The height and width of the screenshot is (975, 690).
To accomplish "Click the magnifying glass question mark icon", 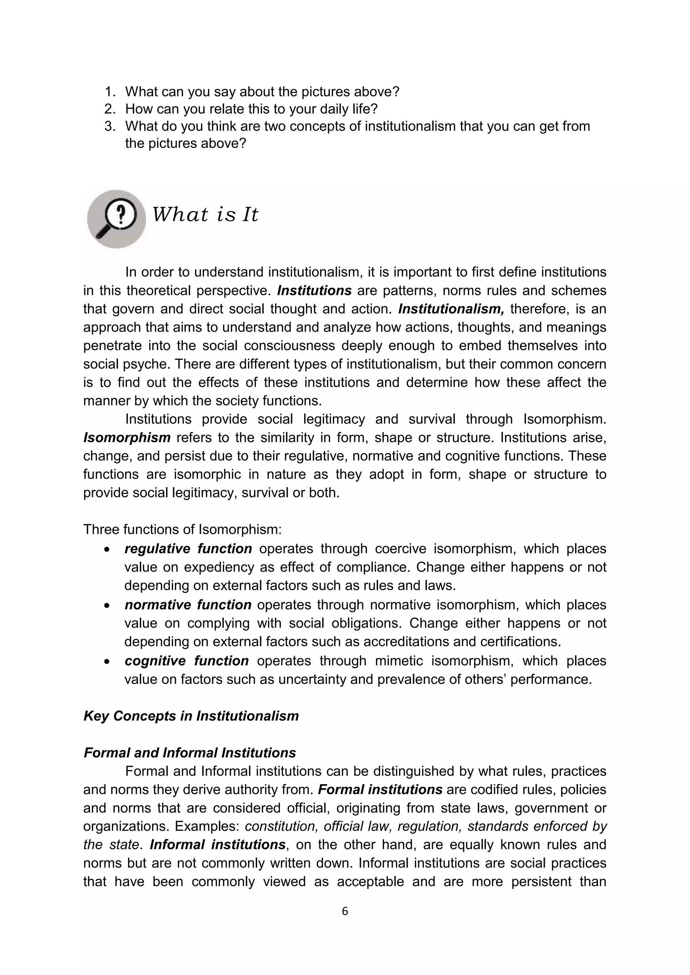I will [117, 219].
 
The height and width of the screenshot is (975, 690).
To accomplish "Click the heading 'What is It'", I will [205, 214].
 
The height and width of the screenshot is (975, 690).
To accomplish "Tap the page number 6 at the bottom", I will [345, 911].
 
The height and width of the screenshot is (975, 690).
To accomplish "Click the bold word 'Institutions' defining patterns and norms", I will [314, 291].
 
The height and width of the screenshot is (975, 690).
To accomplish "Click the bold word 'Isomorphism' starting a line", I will [127, 437].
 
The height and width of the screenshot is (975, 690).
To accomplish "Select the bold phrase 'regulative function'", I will [188, 549].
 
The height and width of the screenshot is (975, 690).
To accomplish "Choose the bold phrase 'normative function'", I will [188, 605].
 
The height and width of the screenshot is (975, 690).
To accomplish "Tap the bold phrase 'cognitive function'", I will [187, 661].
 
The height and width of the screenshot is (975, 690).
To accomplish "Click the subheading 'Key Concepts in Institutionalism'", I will [191, 716].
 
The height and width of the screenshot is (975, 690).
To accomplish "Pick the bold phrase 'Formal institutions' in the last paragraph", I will [380, 789].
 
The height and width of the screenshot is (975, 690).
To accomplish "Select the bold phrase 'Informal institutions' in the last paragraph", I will [218, 845].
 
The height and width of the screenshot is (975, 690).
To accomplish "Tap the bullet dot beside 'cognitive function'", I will [107, 662].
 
